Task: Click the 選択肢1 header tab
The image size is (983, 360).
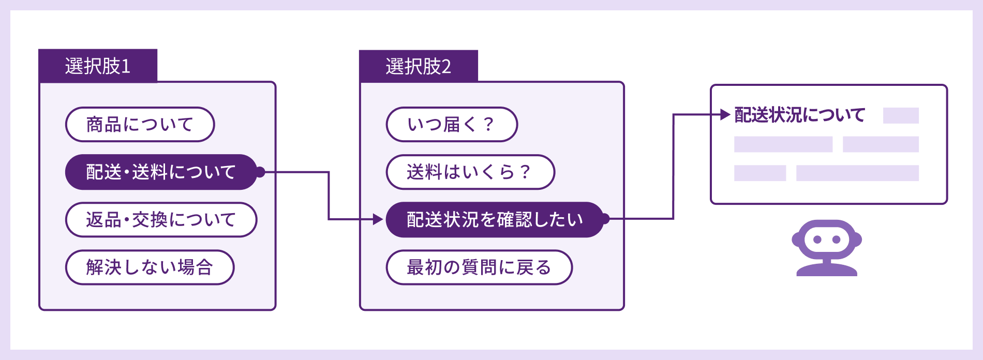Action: [98, 66]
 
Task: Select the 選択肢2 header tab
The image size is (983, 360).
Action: [419, 66]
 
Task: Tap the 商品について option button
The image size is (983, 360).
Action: [140, 125]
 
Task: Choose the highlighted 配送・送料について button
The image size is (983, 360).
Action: [160, 172]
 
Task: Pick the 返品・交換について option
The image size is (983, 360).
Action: [161, 220]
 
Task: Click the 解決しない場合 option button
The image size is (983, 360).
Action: [150, 267]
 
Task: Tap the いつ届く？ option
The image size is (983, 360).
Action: [451, 125]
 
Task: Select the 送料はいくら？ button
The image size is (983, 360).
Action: [470, 172]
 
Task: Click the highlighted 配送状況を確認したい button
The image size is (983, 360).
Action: [494, 220]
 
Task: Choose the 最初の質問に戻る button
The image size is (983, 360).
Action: [479, 267]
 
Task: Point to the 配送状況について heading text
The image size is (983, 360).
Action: [800, 115]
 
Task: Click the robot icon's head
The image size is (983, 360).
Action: [826, 239]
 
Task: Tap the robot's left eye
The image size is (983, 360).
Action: [817, 239]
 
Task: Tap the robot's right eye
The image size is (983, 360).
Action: [836, 239]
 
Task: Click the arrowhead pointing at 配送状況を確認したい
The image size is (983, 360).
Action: [378, 220]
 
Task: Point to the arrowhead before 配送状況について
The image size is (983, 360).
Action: [725, 115]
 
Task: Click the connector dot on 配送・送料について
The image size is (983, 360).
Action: [260, 172]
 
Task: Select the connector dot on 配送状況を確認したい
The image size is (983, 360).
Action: [605, 219]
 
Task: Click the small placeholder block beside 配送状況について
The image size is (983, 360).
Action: [901, 115]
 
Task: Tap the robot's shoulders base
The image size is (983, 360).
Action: [826, 269]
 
